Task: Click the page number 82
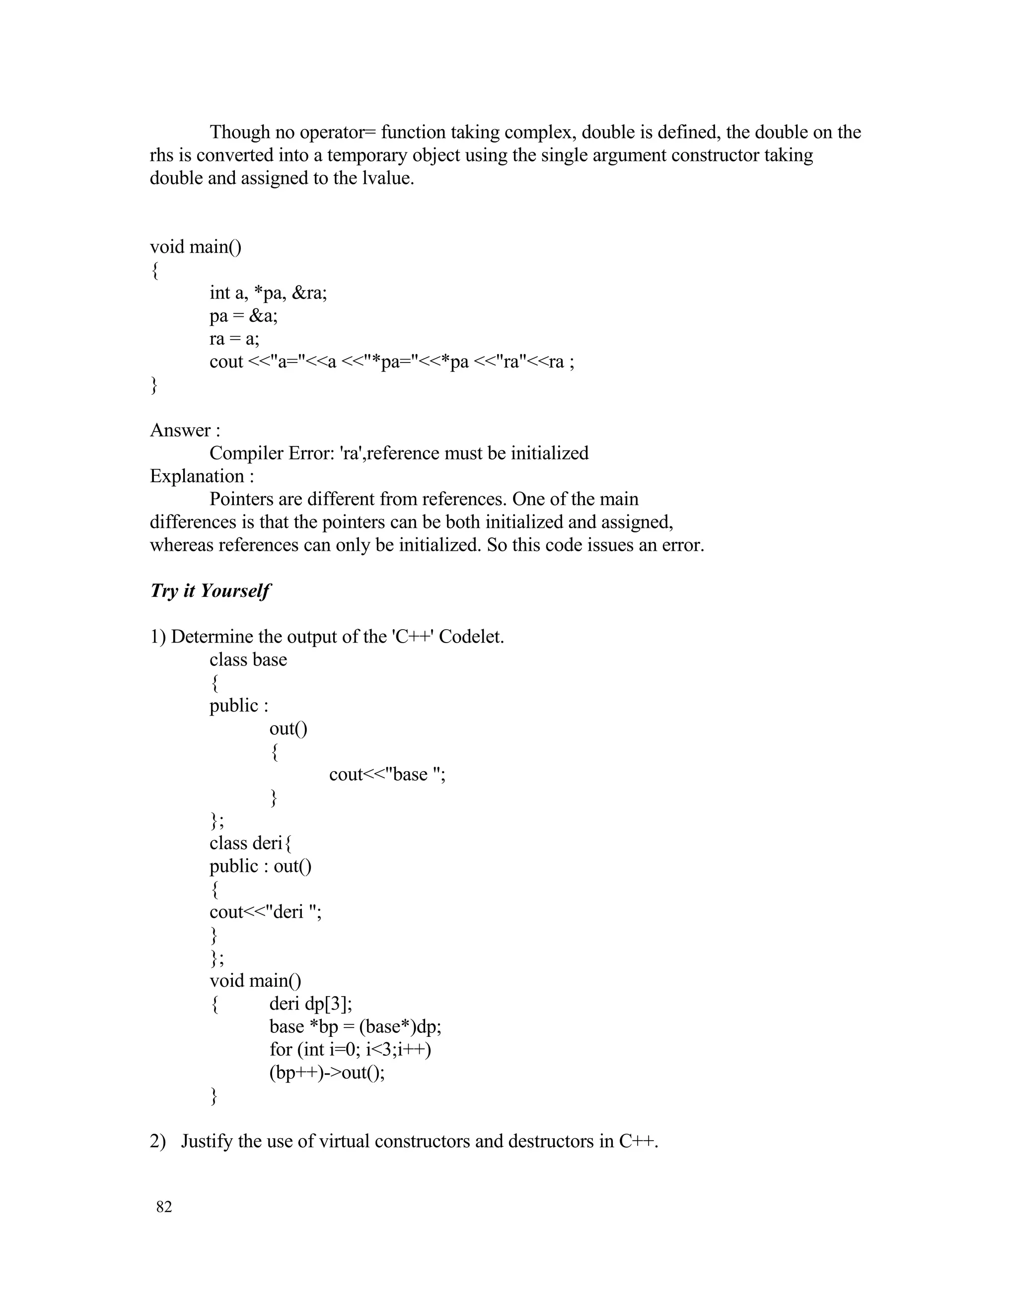tap(164, 1207)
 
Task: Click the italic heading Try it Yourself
tap(210, 590)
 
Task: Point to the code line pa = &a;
tap(243, 316)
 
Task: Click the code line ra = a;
tap(234, 339)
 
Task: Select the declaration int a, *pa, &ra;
tap(268, 293)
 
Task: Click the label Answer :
tap(184, 430)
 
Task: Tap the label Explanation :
tap(201, 476)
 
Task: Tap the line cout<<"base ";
tap(387, 774)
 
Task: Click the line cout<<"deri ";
tap(265, 912)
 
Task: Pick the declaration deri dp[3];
tap(310, 1004)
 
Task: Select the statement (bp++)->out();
tap(327, 1073)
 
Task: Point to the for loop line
tap(350, 1050)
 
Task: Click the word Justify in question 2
tap(207, 1141)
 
